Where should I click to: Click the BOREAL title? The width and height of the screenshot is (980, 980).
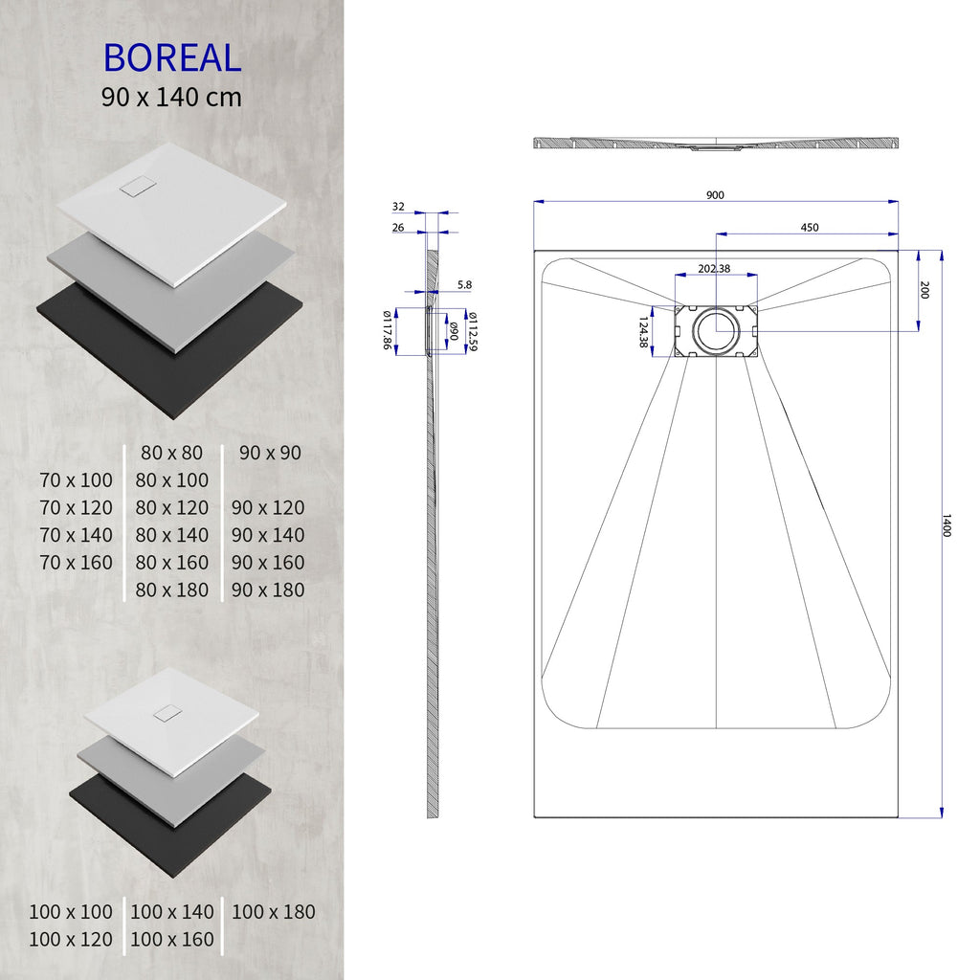tap(172, 58)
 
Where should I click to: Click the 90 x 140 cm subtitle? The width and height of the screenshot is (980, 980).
tap(172, 97)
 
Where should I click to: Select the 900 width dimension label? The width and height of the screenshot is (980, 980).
tap(715, 195)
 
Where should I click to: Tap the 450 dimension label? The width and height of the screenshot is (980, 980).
tap(809, 228)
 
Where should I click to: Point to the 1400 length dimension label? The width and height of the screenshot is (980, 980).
tap(947, 525)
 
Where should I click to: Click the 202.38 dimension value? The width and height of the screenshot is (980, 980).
tap(714, 269)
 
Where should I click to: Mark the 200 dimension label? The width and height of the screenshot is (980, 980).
tap(924, 290)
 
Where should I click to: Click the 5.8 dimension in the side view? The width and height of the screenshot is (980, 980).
tap(464, 285)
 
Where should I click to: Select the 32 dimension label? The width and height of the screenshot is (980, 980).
tap(398, 207)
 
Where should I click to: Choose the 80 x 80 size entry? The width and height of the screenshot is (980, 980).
tap(172, 453)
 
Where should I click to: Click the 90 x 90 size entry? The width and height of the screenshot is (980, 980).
tap(270, 453)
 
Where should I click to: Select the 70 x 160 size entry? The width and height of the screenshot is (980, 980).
tap(77, 563)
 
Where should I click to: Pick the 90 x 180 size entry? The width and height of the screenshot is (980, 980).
tap(268, 590)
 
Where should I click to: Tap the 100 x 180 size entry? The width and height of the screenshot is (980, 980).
tap(273, 912)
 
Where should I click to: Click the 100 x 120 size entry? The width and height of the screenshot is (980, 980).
tap(70, 940)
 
